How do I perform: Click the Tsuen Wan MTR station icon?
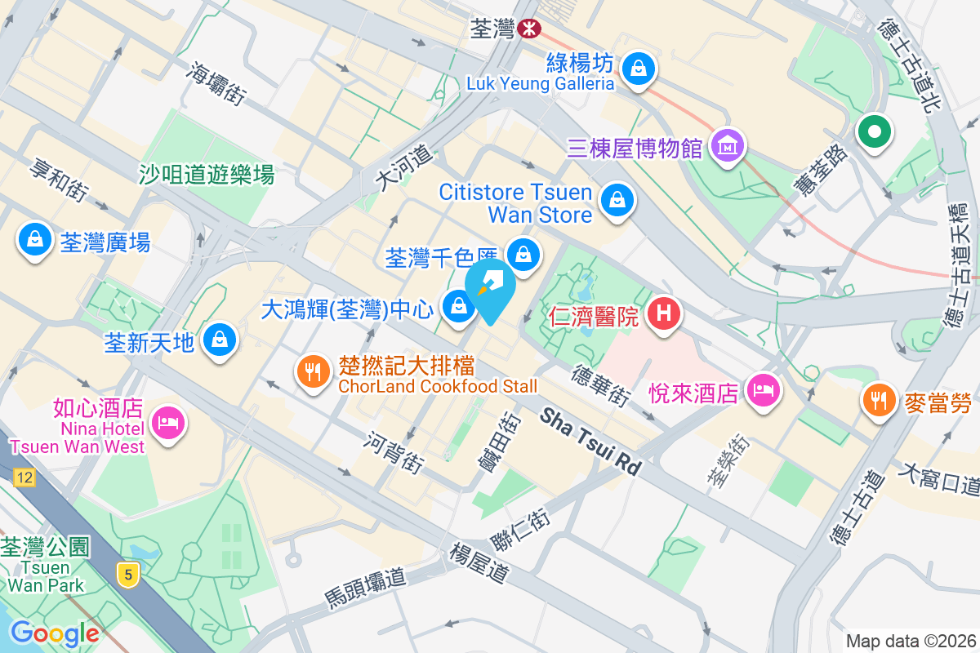coord(530,29)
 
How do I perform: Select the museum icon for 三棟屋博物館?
coord(726,146)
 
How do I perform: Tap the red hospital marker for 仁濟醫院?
coord(665,313)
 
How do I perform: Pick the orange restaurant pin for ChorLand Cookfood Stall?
coord(313,373)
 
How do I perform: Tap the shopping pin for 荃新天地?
coord(219,339)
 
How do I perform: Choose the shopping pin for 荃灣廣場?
coord(35,240)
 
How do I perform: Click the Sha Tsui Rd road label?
coord(591,442)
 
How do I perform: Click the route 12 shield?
coord(24,478)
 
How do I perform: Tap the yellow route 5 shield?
coord(127,575)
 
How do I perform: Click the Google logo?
coord(55,633)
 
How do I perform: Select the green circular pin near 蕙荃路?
coord(874,131)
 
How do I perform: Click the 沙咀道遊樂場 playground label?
coord(207,174)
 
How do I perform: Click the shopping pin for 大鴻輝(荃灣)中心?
coord(457,308)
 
